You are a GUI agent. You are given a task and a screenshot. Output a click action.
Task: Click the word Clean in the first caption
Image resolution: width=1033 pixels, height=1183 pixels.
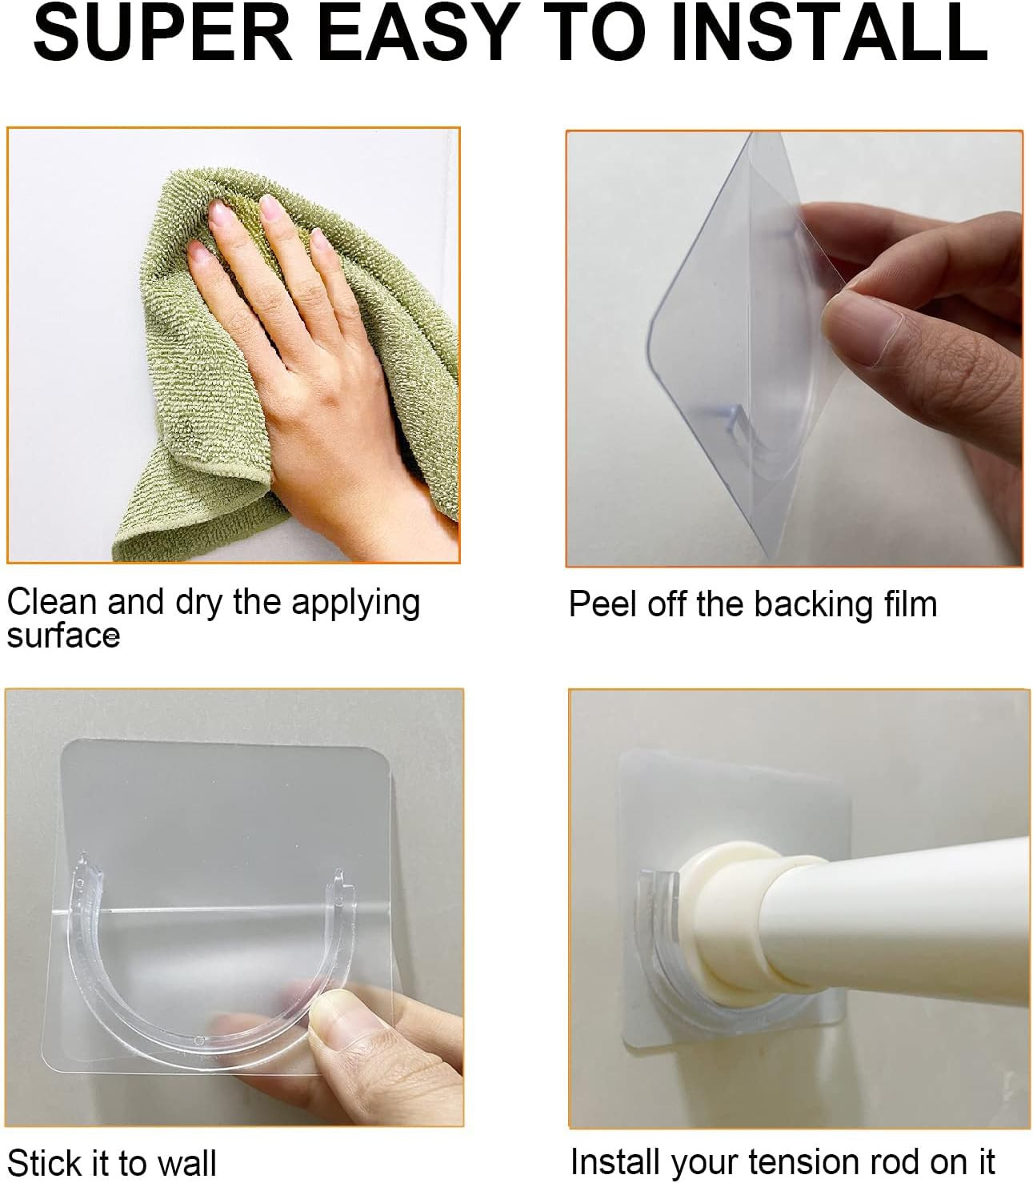tap(53, 602)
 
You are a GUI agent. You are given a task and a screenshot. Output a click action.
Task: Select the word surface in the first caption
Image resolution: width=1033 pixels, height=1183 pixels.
tap(62, 636)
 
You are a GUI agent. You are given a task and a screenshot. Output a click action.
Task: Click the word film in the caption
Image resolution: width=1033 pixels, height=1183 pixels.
tap(907, 604)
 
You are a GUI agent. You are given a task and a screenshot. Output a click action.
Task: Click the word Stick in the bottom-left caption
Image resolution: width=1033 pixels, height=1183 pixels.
tap(44, 1162)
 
